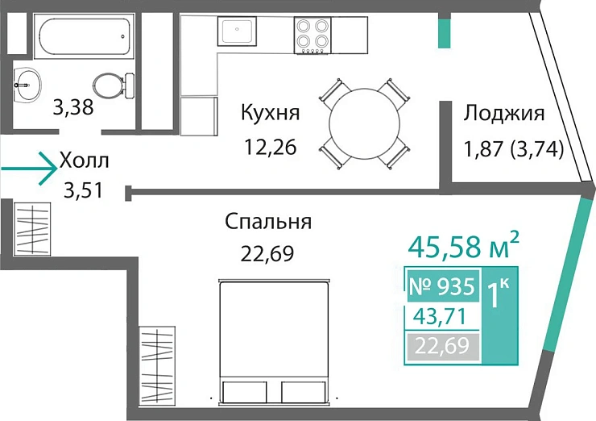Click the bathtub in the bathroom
click(82, 33)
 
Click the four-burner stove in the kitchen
click(312, 35)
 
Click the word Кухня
click(271, 113)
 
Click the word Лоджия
click(504, 113)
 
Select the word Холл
click(84, 161)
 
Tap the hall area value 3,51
click(85, 192)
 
